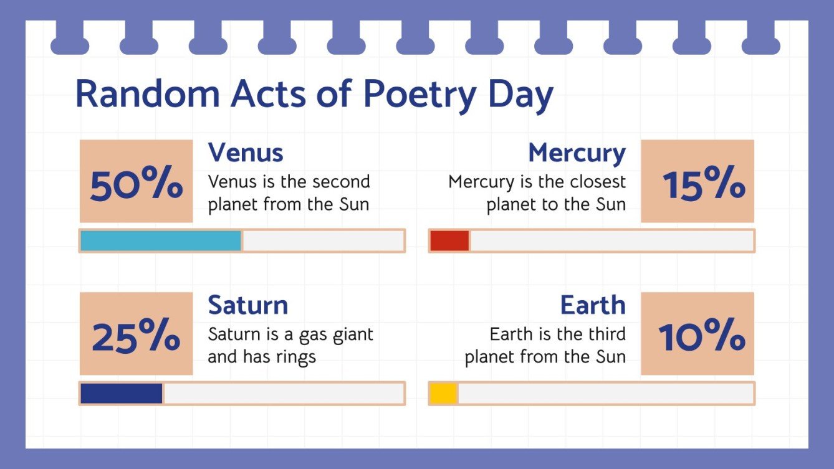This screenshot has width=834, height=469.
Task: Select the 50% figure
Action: click(x=137, y=185)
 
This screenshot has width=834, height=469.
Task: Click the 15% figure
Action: click(x=704, y=185)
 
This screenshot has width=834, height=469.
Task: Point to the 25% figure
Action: click(x=137, y=337)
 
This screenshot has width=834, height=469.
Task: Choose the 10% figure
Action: click(x=702, y=337)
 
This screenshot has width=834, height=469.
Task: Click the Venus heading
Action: click(x=246, y=153)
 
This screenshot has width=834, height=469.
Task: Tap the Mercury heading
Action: click(x=577, y=153)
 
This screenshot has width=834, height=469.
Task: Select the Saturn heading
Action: click(x=248, y=305)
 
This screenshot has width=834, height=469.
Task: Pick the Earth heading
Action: click(x=592, y=305)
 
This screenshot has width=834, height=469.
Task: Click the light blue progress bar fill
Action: click(x=161, y=241)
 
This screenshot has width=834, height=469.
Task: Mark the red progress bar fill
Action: click(x=449, y=241)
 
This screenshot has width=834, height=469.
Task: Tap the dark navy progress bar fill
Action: click(x=122, y=394)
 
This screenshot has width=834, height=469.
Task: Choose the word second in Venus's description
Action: click(x=341, y=182)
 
